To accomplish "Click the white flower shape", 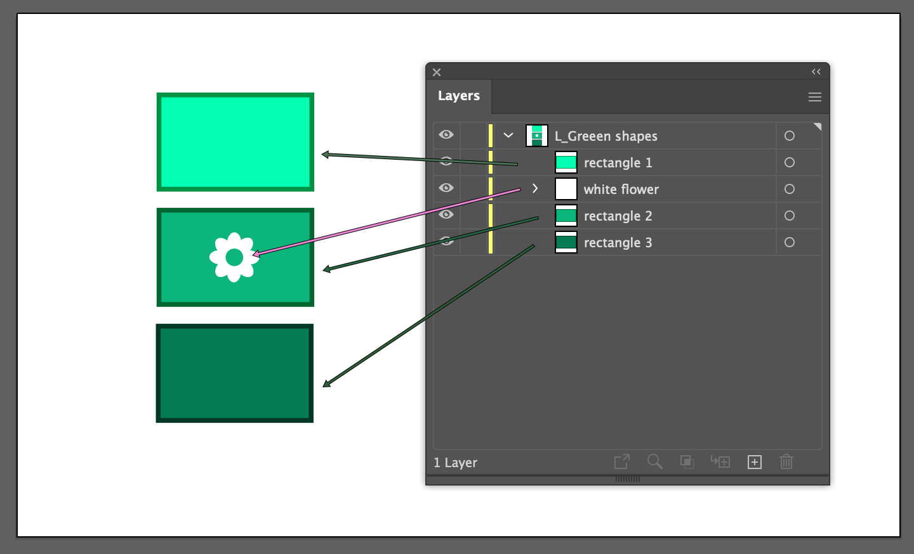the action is (x=234, y=257).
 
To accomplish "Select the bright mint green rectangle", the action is (x=235, y=142).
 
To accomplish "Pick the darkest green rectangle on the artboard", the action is (x=235, y=373).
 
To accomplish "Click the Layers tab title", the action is (x=459, y=96).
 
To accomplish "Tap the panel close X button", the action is (x=437, y=72).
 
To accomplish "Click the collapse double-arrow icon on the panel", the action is (x=816, y=72).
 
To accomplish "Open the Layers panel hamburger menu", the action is (x=815, y=97).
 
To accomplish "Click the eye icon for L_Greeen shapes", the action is (x=446, y=134).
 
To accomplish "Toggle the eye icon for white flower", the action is (x=446, y=188).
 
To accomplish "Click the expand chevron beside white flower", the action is (x=535, y=188).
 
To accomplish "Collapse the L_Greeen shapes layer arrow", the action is (x=508, y=135).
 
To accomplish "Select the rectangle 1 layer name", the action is (x=618, y=163).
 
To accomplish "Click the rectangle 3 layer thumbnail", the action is (x=566, y=242).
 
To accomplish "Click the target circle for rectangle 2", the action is (x=790, y=216).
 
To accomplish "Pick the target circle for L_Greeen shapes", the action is (x=790, y=136).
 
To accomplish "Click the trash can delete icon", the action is (x=786, y=462).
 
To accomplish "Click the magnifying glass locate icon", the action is (x=654, y=462).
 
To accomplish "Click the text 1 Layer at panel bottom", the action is (x=455, y=463).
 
